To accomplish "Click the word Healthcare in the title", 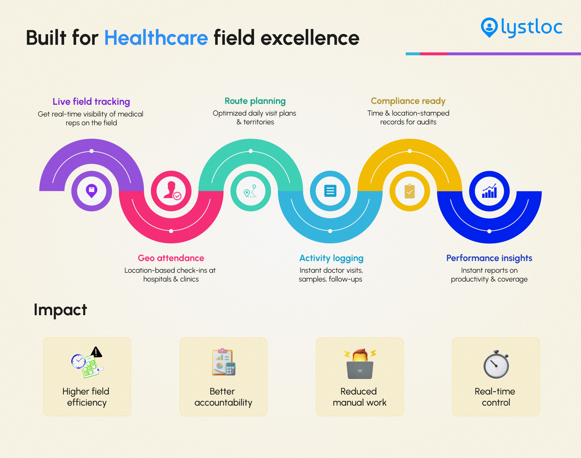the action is point(156,38).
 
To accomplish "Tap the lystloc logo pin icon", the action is point(489,28).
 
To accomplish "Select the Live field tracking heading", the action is point(91,102).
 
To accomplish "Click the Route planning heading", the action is point(255,101).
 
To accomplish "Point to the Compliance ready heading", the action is point(408,101).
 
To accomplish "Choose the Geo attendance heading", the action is point(171,258).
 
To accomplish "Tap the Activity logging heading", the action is point(331,258).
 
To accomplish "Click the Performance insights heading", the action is point(489,258).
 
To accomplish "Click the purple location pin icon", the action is point(91,191).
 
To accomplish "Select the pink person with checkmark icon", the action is point(172,191).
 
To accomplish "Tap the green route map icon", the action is point(250,191).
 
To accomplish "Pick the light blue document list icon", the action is point(330,191).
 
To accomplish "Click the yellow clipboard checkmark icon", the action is point(410,191).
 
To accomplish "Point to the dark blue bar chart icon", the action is point(490,191).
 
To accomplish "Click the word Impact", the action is point(60,310).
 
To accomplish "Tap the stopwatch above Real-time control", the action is point(496,364).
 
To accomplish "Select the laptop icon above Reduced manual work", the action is point(360,370).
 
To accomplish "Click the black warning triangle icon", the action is point(96,352).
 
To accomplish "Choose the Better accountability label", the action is point(223,397).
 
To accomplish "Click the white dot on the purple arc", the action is point(91,151).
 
